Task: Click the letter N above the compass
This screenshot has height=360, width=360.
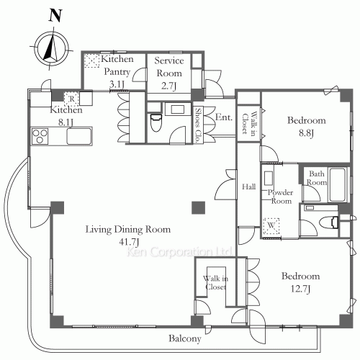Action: pyautogui.click(x=55, y=15)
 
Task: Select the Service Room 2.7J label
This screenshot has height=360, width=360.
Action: pyautogui.click(x=169, y=73)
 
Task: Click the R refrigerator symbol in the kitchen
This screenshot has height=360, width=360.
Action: pyautogui.click(x=71, y=99)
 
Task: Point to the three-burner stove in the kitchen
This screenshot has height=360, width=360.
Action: pyautogui.click(x=40, y=136)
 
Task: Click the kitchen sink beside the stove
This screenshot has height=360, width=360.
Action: pyautogui.click(x=79, y=136)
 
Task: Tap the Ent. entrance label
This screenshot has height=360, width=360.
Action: pyautogui.click(x=224, y=117)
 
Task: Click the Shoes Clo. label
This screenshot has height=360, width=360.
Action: pyautogui.click(x=199, y=125)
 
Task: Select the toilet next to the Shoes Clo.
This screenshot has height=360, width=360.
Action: pyautogui.click(x=156, y=122)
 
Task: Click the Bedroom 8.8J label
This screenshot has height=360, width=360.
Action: pyautogui.click(x=307, y=126)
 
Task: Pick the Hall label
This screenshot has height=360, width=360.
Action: pyautogui.click(x=248, y=186)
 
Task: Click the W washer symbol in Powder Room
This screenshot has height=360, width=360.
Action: pyautogui.click(x=271, y=225)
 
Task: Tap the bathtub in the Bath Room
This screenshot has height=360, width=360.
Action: pyautogui.click(x=338, y=185)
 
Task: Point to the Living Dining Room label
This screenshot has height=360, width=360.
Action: pyautogui.click(x=128, y=229)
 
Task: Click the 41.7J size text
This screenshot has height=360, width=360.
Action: pyautogui.click(x=129, y=242)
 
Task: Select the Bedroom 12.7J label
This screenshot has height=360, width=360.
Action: pyautogui.click(x=301, y=282)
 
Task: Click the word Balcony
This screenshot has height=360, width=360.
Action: pyautogui.click(x=185, y=338)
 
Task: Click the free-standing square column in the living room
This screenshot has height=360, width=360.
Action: pyautogui.click(x=198, y=207)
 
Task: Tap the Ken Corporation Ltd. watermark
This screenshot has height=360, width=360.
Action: pyautogui.click(x=179, y=251)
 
